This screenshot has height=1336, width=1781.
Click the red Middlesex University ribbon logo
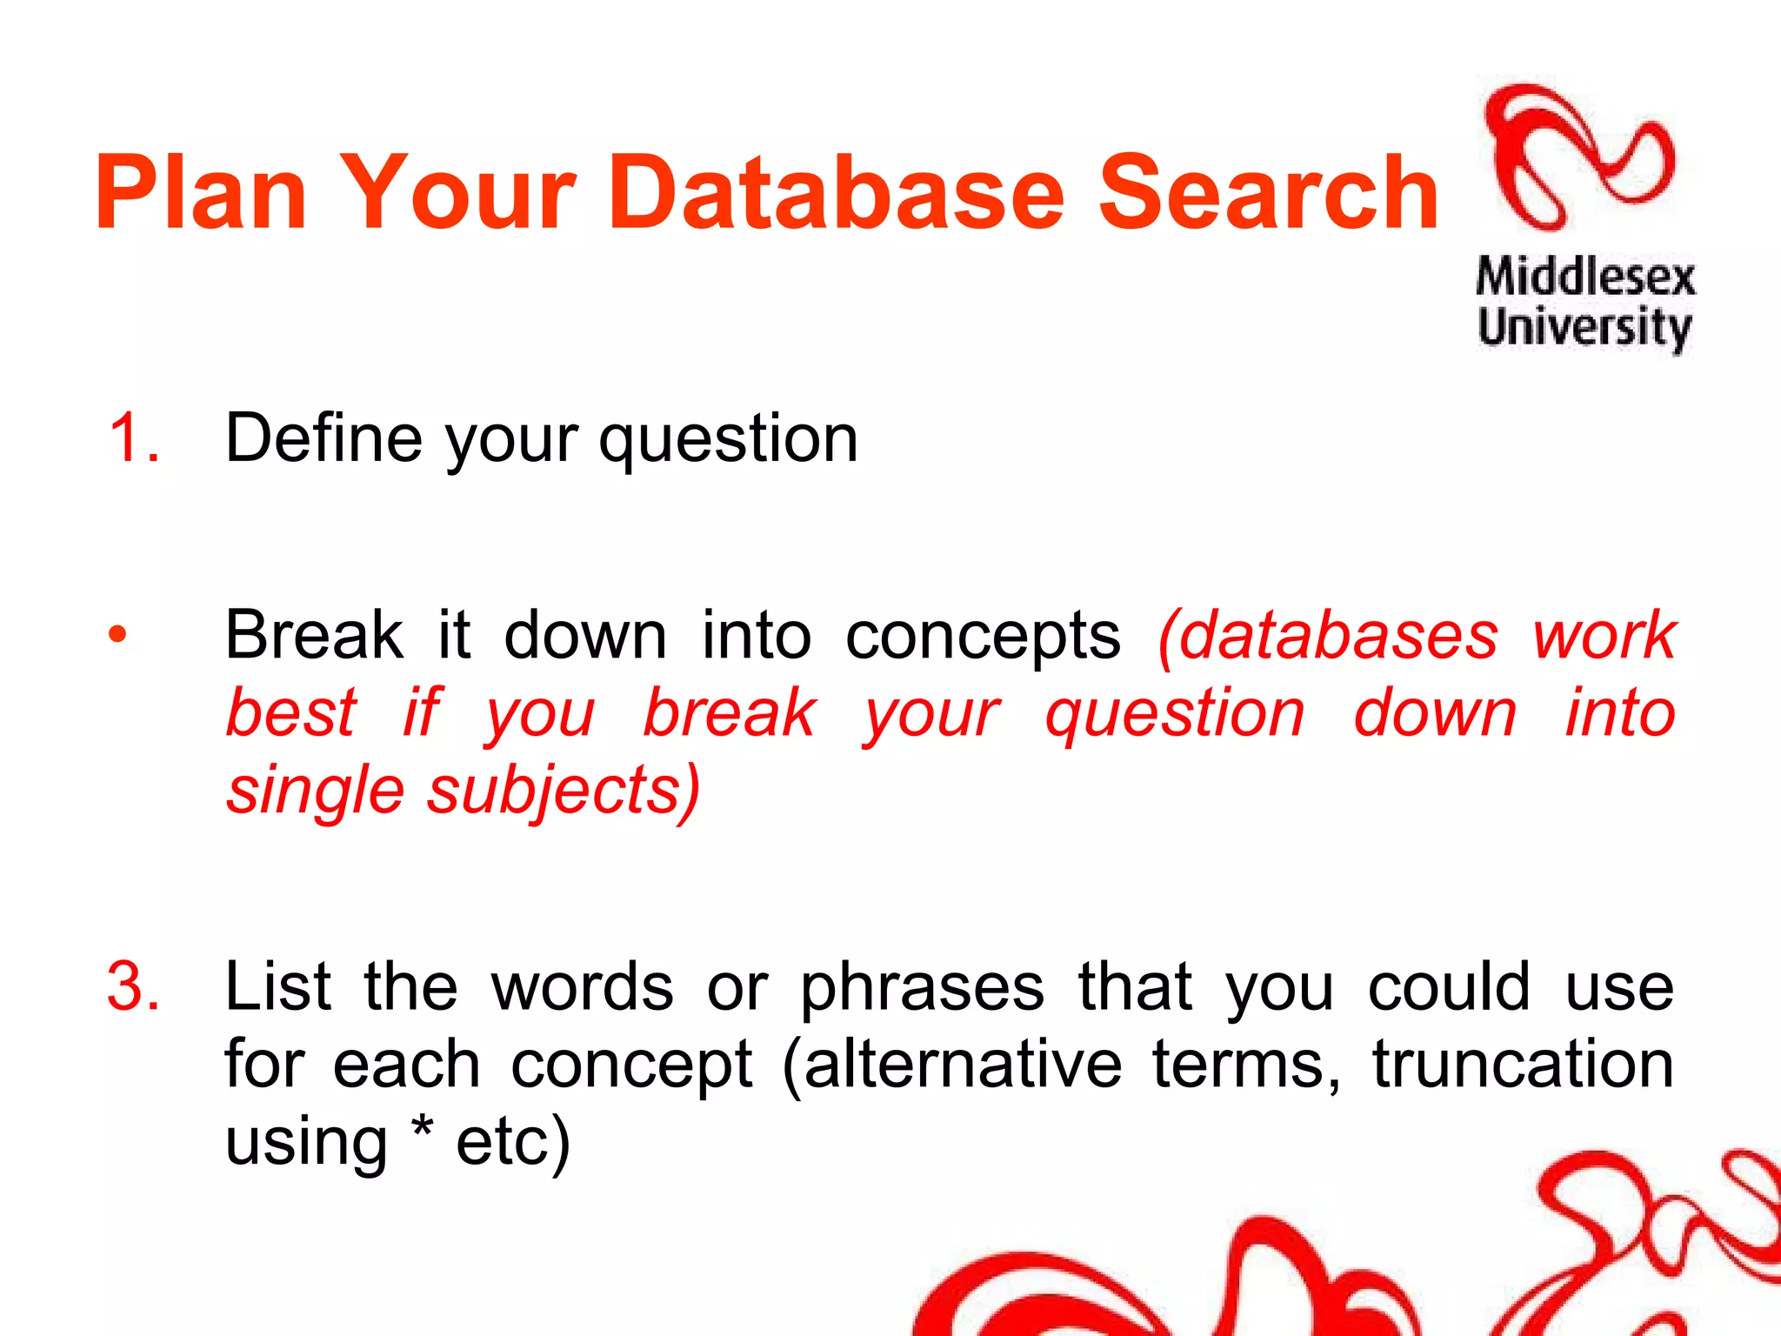pos(1578,157)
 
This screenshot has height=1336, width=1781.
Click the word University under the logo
pos(1584,328)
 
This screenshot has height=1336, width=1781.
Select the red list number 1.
pos(133,438)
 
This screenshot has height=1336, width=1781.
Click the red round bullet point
pos(117,634)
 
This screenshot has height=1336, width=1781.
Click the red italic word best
pos(291,712)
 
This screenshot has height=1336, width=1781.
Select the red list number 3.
pos(133,986)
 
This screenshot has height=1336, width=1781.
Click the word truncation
pos(1523,1065)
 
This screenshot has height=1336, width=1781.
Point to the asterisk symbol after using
pos(422,1129)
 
